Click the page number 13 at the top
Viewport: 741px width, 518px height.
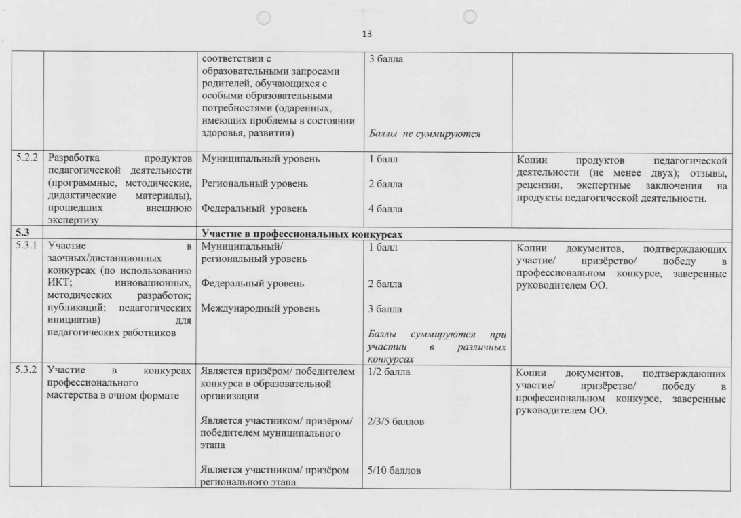[368, 33]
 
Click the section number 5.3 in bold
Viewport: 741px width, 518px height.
[22, 234]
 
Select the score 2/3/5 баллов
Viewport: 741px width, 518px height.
[396, 422]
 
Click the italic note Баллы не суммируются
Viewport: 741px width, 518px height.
[425, 133]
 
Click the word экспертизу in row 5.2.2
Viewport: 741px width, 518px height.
[72, 221]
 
